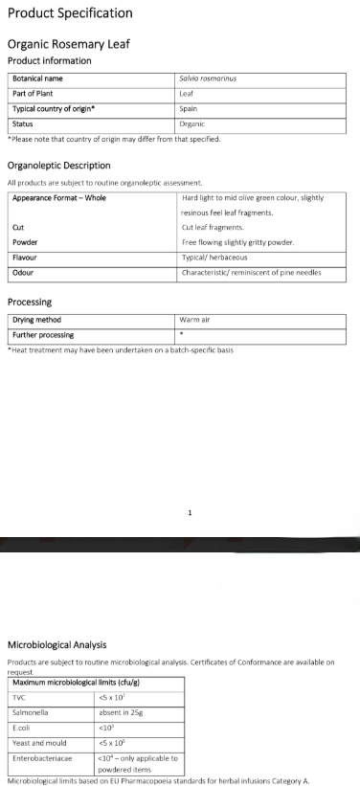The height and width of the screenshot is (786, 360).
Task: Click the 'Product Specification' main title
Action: [x=70, y=13]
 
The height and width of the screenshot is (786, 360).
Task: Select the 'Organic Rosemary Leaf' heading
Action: [x=68, y=44]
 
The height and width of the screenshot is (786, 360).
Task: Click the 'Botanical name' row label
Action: [x=38, y=78]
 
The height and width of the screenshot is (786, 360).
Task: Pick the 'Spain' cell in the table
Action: [x=189, y=108]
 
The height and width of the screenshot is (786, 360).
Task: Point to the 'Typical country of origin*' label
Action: [x=54, y=108]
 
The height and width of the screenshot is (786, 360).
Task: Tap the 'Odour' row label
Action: [x=23, y=273]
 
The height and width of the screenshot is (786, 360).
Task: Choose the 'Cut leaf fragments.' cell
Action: [x=213, y=227]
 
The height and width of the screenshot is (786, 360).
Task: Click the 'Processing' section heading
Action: [x=30, y=302]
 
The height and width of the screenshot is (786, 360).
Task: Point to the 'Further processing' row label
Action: [x=43, y=334]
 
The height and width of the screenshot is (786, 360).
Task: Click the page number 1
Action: [x=190, y=512]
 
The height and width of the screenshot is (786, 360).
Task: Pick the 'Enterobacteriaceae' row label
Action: [x=42, y=757]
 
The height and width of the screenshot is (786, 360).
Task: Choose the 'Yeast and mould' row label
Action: [x=36, y=743]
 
